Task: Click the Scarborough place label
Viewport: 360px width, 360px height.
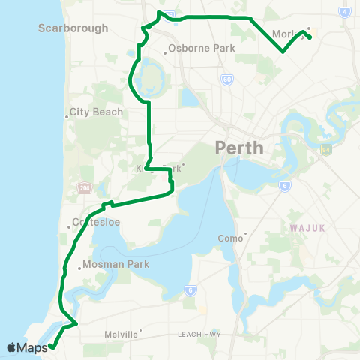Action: (x=73, y=28)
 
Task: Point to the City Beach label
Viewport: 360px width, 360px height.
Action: (x=94, y=112)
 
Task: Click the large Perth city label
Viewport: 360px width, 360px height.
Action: (x=239, y=147)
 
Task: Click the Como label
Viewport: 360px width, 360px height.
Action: (x=232, y=238)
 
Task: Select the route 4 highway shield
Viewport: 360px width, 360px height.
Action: (x=344, y=13)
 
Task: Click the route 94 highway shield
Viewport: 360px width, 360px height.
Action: (x=325, y=150)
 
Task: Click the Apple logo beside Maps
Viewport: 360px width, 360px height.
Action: (x=10, y=347)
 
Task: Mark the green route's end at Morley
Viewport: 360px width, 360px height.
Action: (x=310, y=37)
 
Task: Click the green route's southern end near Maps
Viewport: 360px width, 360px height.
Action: (x=51, y=346)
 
